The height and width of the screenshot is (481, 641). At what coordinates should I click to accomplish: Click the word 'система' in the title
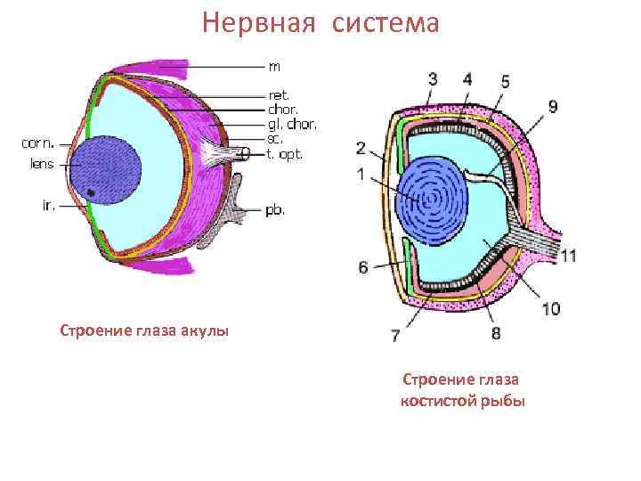click(385, 22)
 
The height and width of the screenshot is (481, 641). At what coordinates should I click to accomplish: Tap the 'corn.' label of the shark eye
click(37, 141)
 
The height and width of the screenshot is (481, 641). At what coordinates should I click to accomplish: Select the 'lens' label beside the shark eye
click(41, 164)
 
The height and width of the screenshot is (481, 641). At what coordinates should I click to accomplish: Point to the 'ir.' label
click(49, 205)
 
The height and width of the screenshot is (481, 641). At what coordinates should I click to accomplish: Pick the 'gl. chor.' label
click(292, 124)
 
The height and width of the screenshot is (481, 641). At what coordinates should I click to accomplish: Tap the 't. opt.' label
click(285, 154)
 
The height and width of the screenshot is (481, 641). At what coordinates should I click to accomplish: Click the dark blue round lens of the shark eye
click(106, 170)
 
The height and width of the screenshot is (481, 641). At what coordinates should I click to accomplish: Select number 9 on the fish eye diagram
click(554, 107)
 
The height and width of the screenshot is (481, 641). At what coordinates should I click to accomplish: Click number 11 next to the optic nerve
click(569, 256)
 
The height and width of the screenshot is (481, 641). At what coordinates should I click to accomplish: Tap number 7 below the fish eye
click(394, 336)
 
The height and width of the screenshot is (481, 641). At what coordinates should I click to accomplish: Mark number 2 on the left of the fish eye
click(361, 147)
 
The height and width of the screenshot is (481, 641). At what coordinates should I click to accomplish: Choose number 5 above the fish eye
click(505, 81)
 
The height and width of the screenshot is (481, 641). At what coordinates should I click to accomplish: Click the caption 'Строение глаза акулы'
click(144, 331)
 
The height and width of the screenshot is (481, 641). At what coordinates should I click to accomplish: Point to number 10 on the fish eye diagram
click(551, 308)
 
